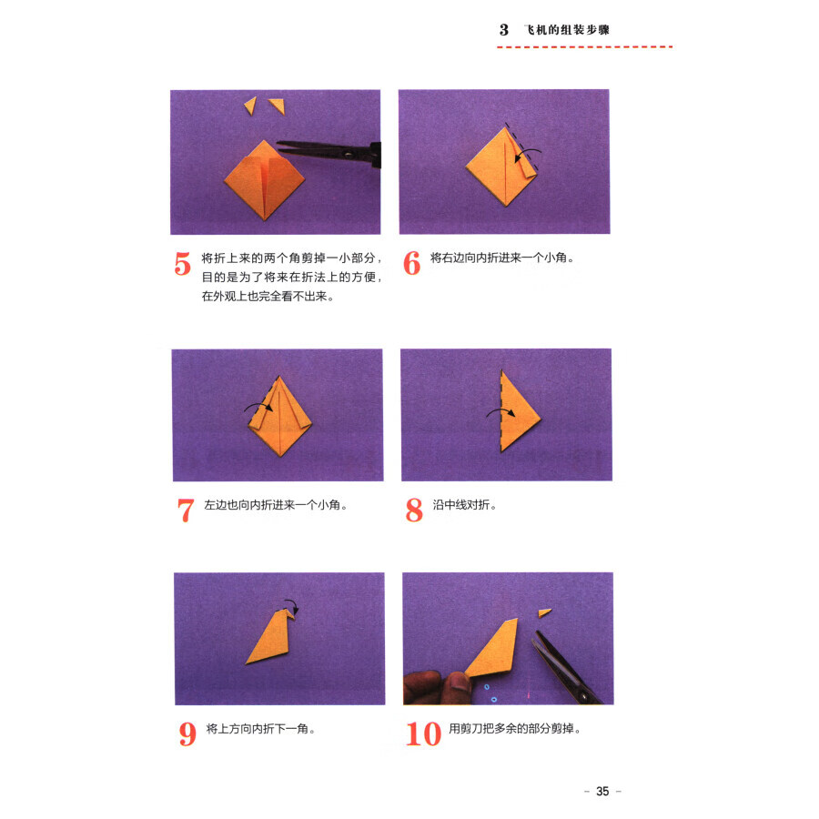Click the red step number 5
click(182, 263)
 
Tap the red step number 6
click(411, 263)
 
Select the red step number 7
click(186, 511)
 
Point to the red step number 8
click(414, 510)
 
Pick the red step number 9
click(187, 733)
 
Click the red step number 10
click(423, 733)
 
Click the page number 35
click(602, 792)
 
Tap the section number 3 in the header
click(503, 30)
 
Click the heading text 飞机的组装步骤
click(567, 30)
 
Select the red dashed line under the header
click(584, 47)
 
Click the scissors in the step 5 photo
click(329, 153)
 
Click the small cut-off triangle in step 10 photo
click(545, 612)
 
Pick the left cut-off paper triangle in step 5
click(251, 105)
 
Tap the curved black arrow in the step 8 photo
click(500, 412)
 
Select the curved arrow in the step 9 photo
click(292, 606)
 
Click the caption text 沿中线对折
click(460, 504)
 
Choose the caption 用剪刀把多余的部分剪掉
click(511, 728)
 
